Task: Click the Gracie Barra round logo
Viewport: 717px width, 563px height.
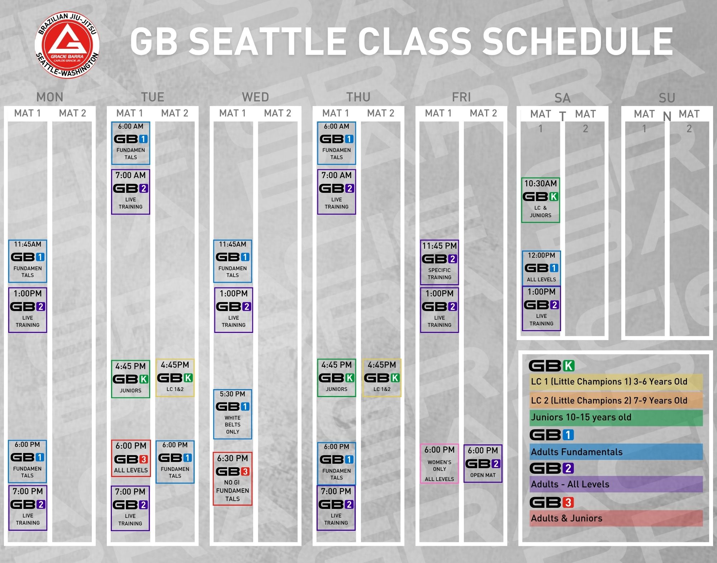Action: [x=67, y=45]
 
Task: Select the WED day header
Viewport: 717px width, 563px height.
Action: [x=255, y=97]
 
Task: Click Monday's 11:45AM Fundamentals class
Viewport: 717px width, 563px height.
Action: [x=28, y=261]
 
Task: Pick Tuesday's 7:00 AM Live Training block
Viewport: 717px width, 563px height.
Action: [x=130, y=192]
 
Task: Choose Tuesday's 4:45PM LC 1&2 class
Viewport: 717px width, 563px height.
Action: [x=175, y=378]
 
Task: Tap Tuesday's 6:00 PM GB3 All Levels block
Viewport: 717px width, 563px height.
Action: [x=131, y=458]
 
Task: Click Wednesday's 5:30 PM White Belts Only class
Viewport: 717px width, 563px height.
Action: [x=233, y=414]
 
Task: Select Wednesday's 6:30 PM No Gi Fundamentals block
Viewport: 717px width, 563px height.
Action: [x=233, y=479]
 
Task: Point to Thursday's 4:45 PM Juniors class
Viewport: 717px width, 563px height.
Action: [x=337, y=378]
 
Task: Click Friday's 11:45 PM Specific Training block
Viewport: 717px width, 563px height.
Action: [x=440, y=262]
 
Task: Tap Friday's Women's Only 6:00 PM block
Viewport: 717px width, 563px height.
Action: [x=440, y=464]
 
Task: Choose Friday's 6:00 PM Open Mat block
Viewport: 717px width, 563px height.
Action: [x=483, y=463]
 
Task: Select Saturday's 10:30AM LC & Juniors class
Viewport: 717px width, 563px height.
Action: [x=541, y=200]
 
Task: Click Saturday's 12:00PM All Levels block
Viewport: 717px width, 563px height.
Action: [x=541, y=268]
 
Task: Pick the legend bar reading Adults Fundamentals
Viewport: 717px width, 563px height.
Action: [x=616, y=452]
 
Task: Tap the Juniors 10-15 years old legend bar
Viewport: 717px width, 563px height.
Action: [x=616, y=418]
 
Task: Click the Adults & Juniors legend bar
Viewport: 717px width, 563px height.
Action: [x=616, y=518]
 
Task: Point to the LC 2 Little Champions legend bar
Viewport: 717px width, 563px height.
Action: [x=616, y=400]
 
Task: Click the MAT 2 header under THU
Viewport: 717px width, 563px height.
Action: [x=381, y=113]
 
